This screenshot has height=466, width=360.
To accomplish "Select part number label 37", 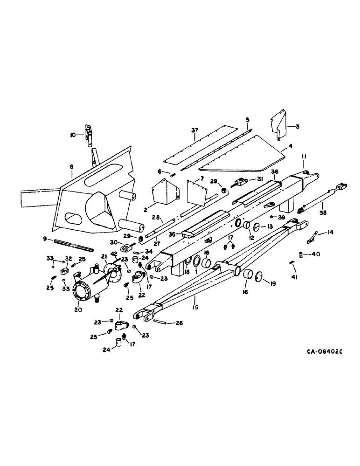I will coord(194,131).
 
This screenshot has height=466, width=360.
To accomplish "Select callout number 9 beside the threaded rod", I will coord(45,239).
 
